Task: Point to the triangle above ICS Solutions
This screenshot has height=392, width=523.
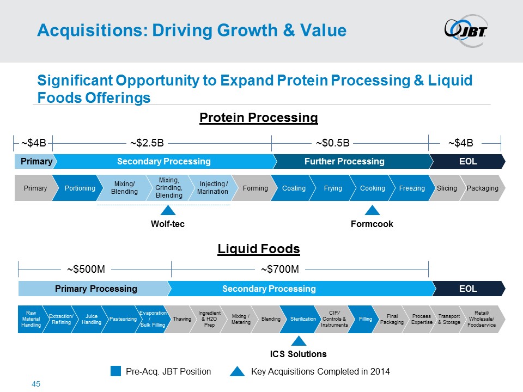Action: click(x=298, y=341)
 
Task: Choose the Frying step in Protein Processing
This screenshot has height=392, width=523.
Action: click(x=333, y=188)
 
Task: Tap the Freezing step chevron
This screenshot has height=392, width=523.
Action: click(x=412, y=188)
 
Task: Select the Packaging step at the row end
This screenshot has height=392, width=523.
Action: click(x=483, y=188)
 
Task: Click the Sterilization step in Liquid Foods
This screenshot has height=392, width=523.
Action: click(x=303, y=318)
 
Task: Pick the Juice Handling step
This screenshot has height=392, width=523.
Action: click(x=92, y=318)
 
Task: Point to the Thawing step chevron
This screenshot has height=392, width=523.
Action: click(x=182, y=318)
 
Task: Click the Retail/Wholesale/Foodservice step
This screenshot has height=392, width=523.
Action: click(x=481, y=318)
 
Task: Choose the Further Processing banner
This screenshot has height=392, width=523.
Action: click(x=352, y=161)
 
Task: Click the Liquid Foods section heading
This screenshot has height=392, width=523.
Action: click(x=259, y=249)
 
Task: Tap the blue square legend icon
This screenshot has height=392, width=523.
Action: click(x=115, y=371)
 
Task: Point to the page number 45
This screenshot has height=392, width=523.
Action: click(x=37, y=384)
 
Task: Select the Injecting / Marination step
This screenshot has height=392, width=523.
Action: click(x=212, y=188)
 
